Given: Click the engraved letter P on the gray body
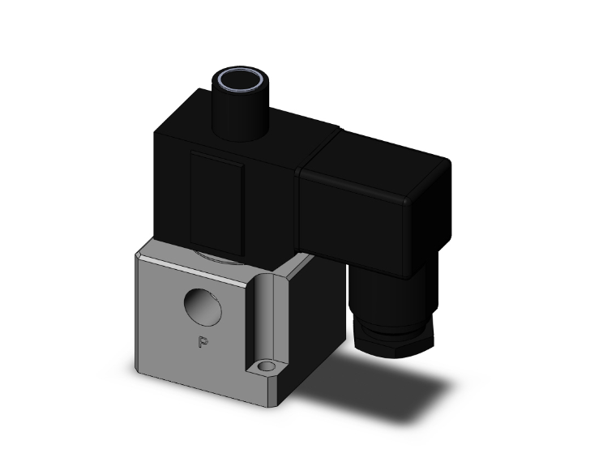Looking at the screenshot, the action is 203,342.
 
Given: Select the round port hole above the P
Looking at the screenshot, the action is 203,307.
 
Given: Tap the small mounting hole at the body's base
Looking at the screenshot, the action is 265,366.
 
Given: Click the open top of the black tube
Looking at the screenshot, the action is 240,79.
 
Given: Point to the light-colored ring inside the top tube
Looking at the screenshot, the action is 240,80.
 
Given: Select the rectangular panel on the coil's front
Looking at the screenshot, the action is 217,203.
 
